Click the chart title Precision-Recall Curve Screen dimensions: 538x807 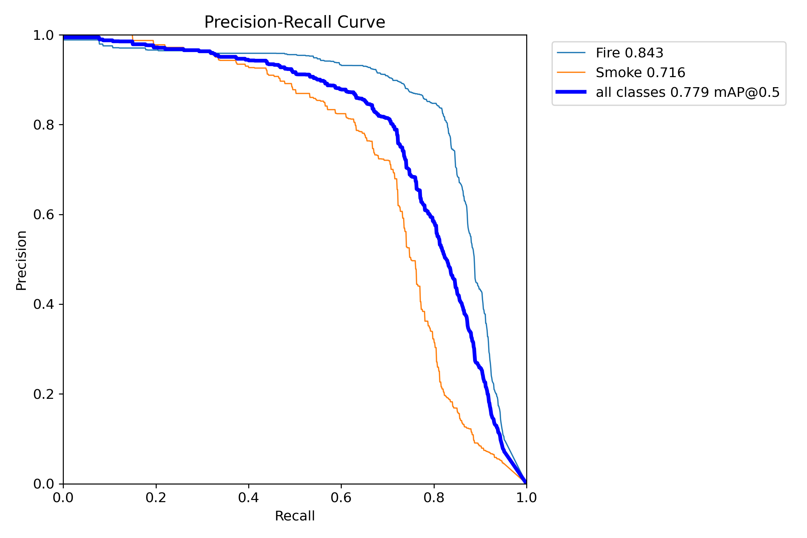point(294,22)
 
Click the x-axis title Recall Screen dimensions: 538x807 point(294,516)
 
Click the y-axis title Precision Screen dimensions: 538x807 point(21,260)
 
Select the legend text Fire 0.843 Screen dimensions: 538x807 point(629,53)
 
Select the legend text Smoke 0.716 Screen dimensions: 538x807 point(640,73)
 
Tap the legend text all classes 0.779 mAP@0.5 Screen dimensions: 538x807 point(688,93)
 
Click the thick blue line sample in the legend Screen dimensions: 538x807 point(571,92)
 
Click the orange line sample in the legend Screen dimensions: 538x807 point(571,72)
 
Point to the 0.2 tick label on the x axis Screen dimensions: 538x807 point(156,497)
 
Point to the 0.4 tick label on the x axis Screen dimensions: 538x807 point(249,497)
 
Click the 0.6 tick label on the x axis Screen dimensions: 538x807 point(341,497)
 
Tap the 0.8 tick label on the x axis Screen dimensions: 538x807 point(434,497)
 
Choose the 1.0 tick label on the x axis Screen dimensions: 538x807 point(526,497)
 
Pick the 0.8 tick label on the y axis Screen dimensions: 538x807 point(43,125)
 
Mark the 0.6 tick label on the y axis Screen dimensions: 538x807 point(43,214)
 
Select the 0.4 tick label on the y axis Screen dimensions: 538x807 point(43,304)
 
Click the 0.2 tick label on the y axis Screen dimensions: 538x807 point(43,394)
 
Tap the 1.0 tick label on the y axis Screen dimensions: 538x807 point(43,35)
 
